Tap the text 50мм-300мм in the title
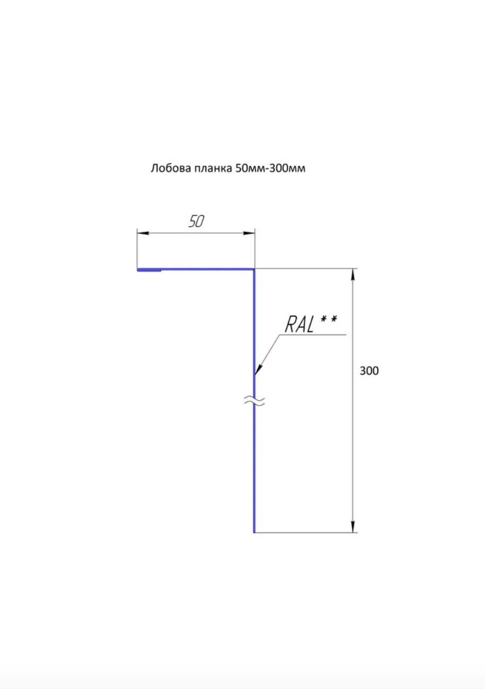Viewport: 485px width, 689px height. tap(270, 168)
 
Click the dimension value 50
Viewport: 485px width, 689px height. tap(196, 221)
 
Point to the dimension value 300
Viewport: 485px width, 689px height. tap(369, 371)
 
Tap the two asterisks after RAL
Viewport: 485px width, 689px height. tap(329, 319)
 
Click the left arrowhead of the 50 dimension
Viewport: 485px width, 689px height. tap(143, 233)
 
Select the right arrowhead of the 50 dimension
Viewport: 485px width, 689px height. tap(249, 233)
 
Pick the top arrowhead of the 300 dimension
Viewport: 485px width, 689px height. tap(353, 274)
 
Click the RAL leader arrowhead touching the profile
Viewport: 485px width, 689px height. tap(258, 369)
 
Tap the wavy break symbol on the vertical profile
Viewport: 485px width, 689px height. tap(254, 400)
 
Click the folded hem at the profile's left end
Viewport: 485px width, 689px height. tap(149, 270)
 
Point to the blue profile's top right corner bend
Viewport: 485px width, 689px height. tap(254, 270)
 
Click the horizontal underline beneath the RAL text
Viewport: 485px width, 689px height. tap(313, 334)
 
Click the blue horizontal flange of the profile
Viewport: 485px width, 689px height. tap(196, 270)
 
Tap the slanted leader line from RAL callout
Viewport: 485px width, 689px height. tap(267, 355)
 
